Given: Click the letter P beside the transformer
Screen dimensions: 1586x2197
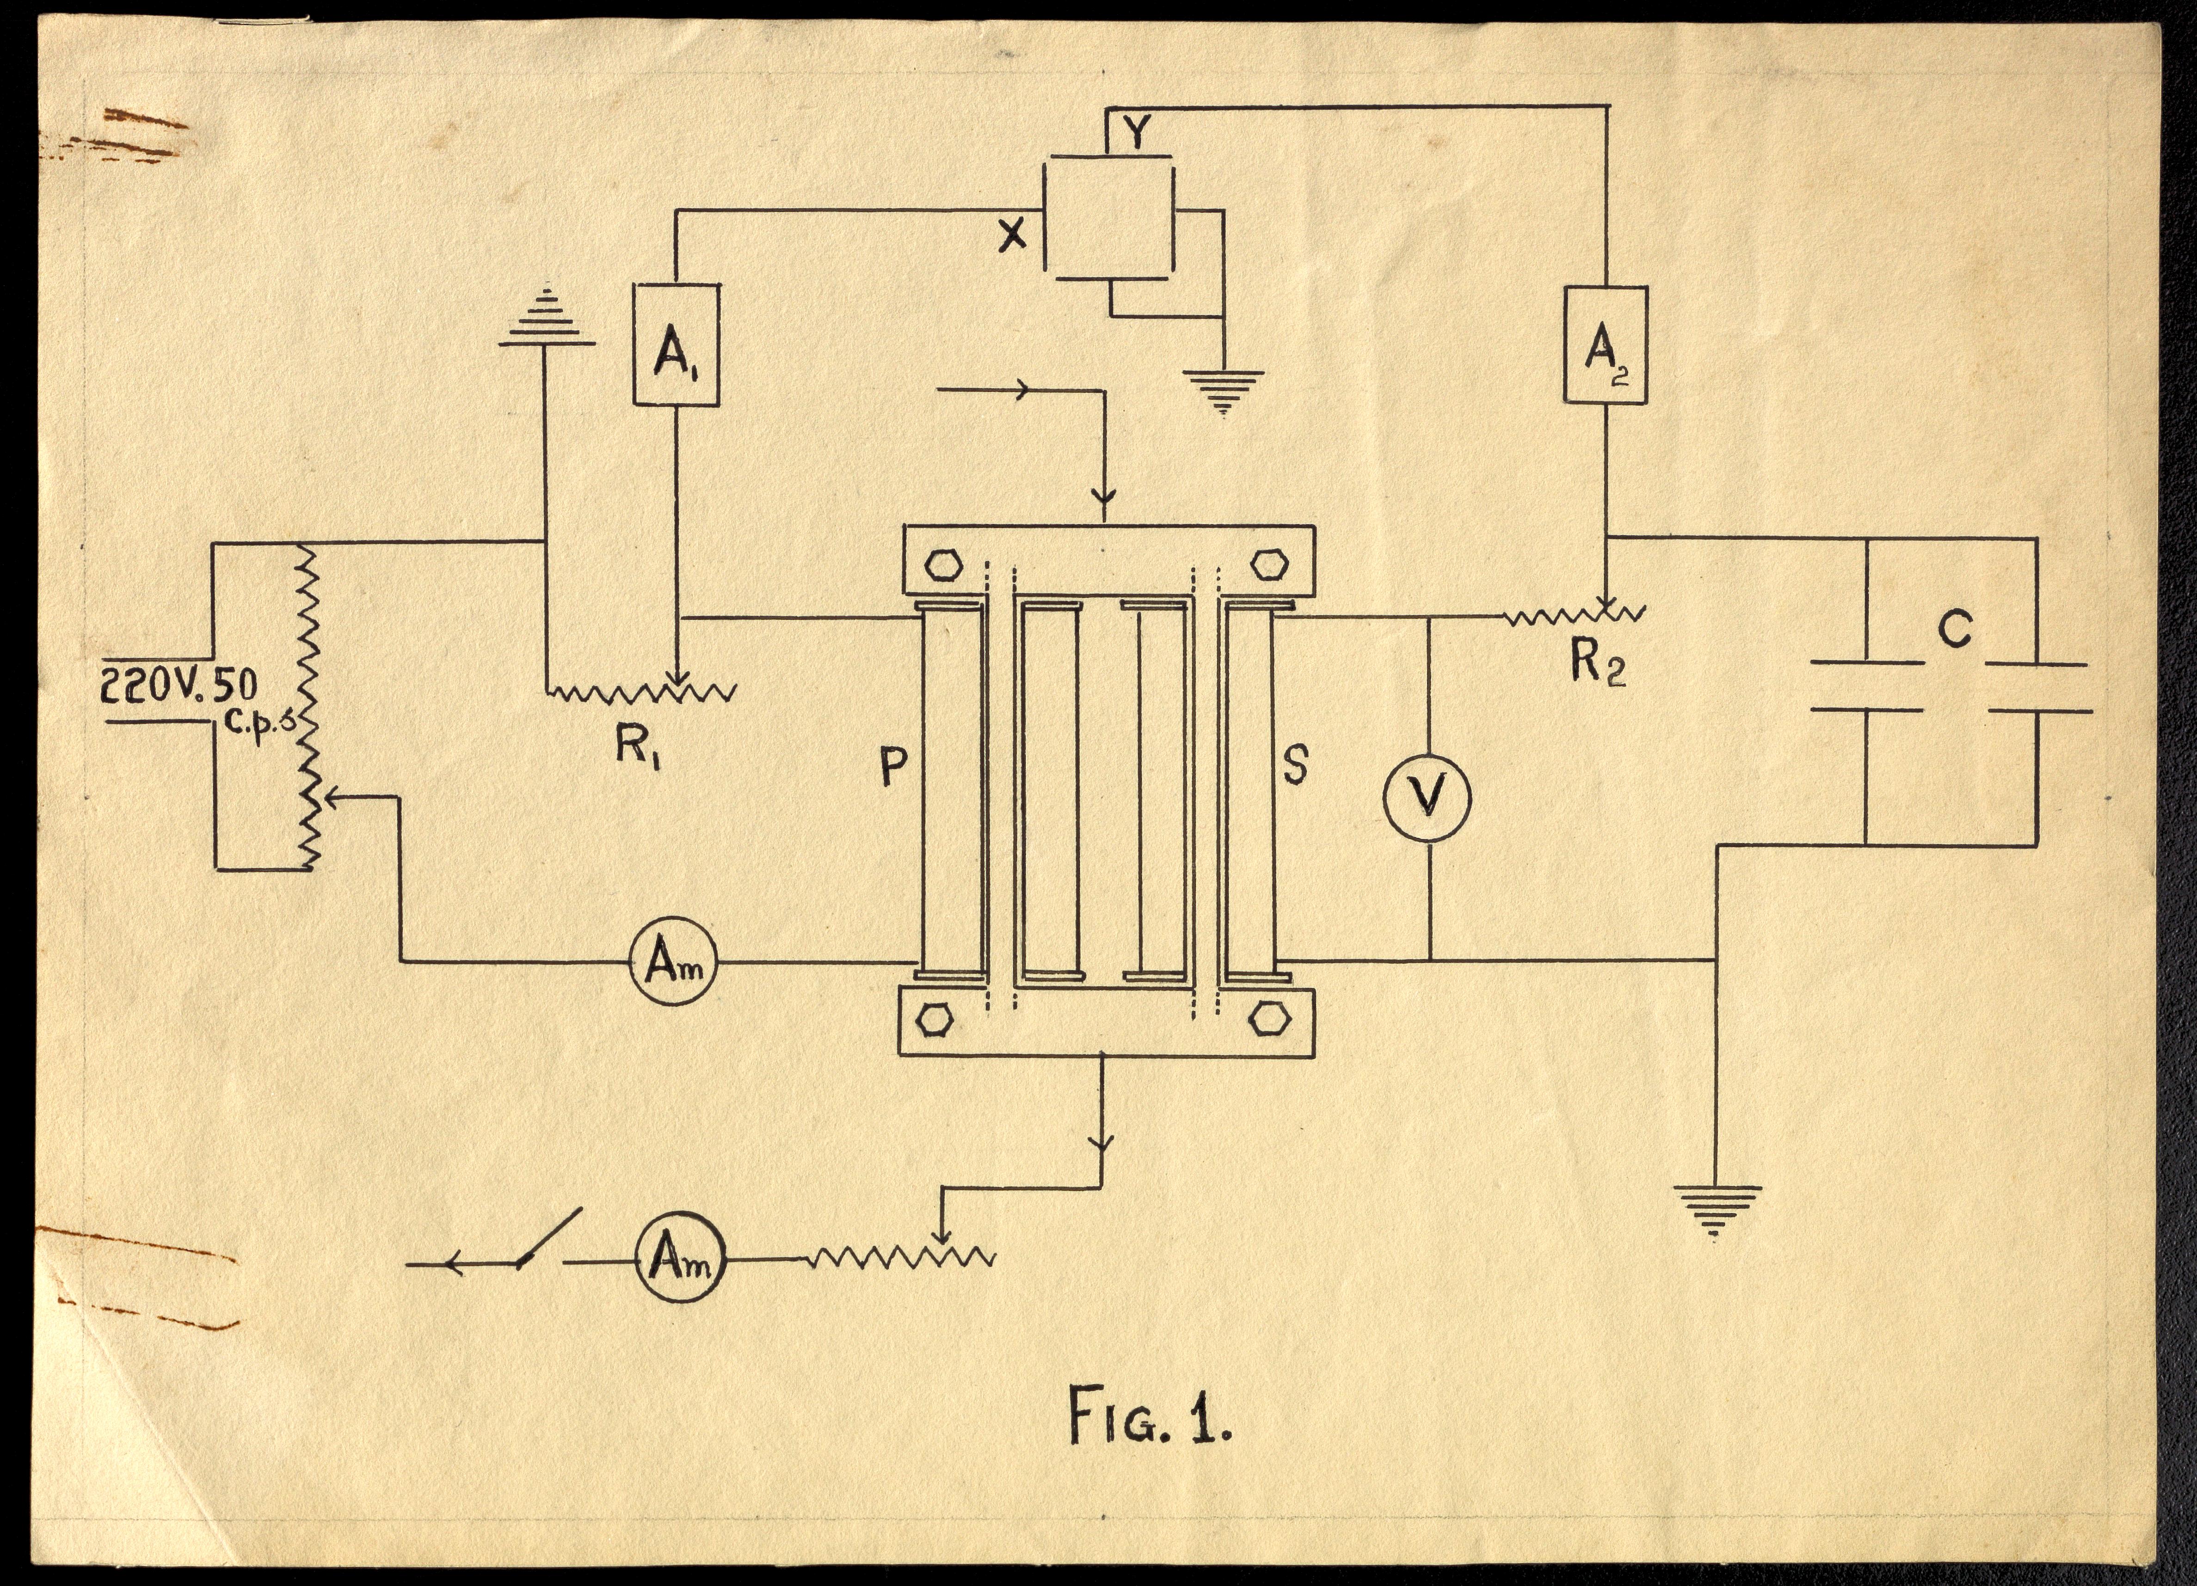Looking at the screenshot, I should (x=893, y=767).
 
